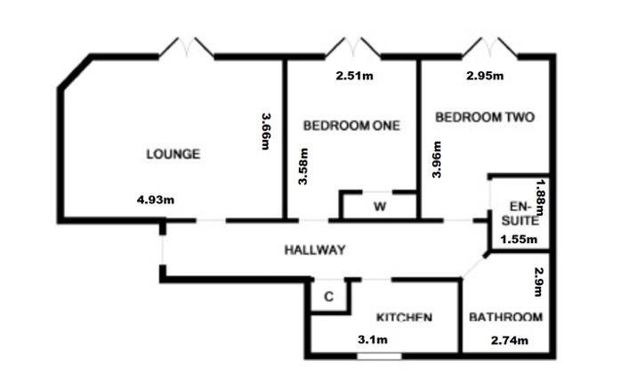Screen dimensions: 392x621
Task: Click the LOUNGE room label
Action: [x=173, y=154]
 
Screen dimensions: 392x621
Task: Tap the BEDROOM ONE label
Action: [x=351, y=126]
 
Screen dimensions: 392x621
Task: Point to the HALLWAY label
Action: [x=314, y=250]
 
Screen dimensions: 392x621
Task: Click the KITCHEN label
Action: [x=404, y=317]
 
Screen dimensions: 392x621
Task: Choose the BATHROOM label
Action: [x=505, y=317]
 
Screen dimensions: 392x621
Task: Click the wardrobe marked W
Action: [x=379, y=208]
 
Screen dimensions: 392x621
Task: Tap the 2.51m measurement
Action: [x=354, y=77]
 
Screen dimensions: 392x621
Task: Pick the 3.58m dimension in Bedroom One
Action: [x=304, y=166]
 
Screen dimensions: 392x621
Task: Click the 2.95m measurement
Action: [x=485, y=77]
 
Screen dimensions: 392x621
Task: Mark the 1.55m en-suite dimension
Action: [x=518, y=239]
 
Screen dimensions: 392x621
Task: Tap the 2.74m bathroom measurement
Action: [x=510, y=339]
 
